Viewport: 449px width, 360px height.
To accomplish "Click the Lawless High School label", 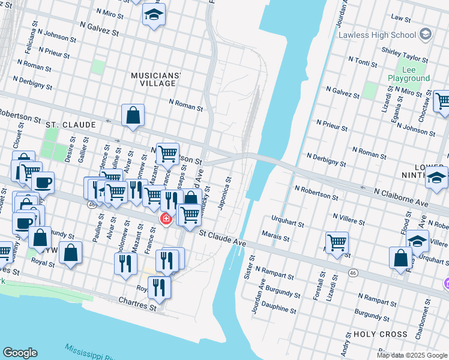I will click(378, 34).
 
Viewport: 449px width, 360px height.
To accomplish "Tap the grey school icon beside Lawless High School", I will click(426, 34).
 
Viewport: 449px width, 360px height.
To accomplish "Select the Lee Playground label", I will click(409, 74).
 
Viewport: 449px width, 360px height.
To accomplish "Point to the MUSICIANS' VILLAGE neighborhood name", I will click(156, 79).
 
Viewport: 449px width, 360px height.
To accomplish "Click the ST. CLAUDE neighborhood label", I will click(71, 124).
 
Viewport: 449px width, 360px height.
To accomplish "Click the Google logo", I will click(20, 353).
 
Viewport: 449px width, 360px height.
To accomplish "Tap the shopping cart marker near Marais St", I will click(337, 242).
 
